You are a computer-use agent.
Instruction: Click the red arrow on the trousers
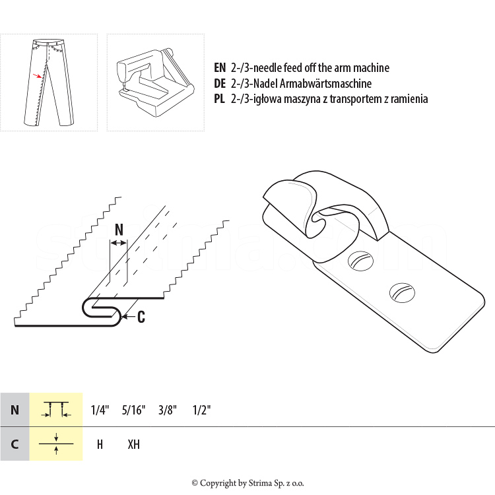[37, 76]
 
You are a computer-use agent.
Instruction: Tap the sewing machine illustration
[155, 82]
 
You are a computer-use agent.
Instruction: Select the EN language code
[220, 67]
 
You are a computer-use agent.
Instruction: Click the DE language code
[220, 83]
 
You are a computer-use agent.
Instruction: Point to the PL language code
[219, 99]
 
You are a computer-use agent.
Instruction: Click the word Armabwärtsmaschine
[325, 83]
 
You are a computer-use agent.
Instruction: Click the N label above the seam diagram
[119, 230]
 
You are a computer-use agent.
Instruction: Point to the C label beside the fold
[141, 317]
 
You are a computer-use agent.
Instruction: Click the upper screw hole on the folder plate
[360, 261]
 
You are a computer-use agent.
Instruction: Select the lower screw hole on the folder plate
[402, 292]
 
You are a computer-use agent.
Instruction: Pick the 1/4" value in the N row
[100, 410]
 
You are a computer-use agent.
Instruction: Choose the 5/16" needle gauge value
[133, 410]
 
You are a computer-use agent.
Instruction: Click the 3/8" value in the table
[168, 410]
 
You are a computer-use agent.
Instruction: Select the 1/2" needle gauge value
[201, 410]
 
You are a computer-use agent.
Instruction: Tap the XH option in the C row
[133, 444]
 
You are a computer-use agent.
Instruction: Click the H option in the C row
[100, 444]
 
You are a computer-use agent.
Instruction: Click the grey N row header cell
[15, 409]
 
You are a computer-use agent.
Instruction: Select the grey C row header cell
[15, 444]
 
